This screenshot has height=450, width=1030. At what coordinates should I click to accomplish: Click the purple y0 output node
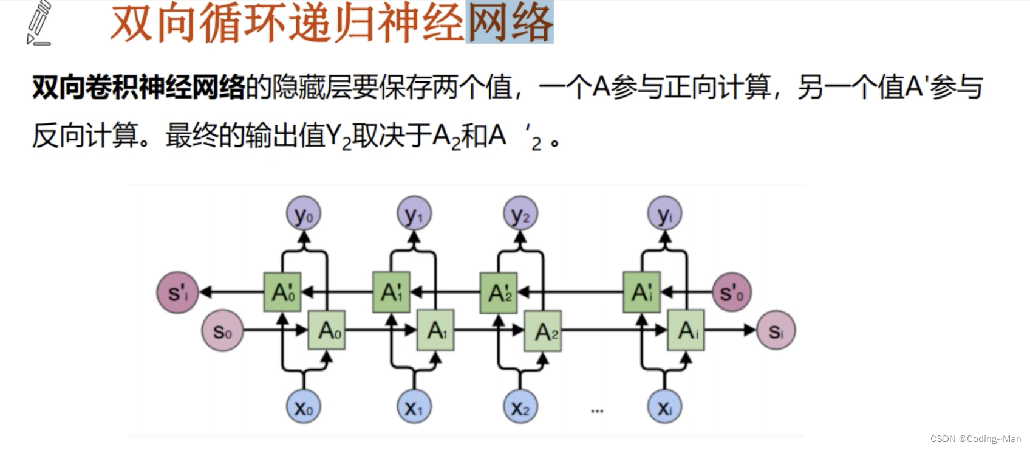point(303,214)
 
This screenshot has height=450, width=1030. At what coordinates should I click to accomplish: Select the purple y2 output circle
point(520,214)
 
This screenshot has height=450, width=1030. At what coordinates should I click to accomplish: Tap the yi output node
point(665,214)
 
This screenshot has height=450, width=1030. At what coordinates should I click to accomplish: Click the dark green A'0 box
point(282,292)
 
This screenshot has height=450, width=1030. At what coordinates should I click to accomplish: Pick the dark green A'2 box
point(499,293)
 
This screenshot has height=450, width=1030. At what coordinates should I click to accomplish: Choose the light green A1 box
point(435,330)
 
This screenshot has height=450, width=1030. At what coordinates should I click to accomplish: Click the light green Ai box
point(686,330)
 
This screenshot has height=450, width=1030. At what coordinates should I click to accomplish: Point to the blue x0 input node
point(303,407)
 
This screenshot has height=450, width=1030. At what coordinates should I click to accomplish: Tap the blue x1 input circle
point(414,407)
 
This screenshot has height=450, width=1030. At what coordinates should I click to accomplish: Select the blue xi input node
point(664,407)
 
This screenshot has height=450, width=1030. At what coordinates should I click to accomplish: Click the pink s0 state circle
point(222,331)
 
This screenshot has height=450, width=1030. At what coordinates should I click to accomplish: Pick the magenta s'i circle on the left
point(177,292)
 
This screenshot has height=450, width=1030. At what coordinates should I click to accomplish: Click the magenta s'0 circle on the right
point(731,292)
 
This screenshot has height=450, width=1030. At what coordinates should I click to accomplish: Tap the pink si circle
point(776,331)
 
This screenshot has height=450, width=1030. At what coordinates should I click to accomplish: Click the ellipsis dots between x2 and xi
point(597,412)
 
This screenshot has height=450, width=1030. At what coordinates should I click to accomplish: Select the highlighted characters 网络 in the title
point(510,23)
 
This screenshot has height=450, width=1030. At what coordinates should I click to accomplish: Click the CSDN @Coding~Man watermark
point(975,439)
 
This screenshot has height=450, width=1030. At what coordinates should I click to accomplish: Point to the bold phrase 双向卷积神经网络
point(138,88)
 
